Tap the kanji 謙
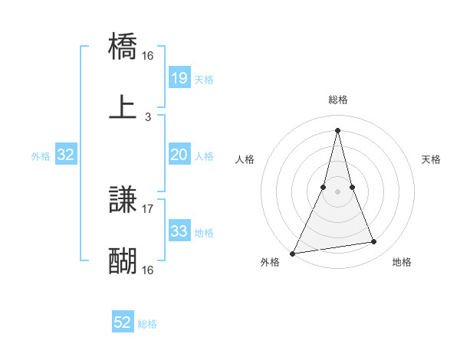123,201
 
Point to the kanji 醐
123,261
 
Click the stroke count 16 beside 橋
148,56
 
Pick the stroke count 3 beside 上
148,116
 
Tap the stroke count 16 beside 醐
148,270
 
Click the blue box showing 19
179,77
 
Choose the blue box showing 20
179,155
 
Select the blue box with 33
179,231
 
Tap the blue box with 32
66,155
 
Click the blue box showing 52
123,322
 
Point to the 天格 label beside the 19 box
204,80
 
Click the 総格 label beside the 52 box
147,324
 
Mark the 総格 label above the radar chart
338,100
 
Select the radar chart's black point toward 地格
374,242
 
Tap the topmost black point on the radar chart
337,130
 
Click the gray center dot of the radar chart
337,191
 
